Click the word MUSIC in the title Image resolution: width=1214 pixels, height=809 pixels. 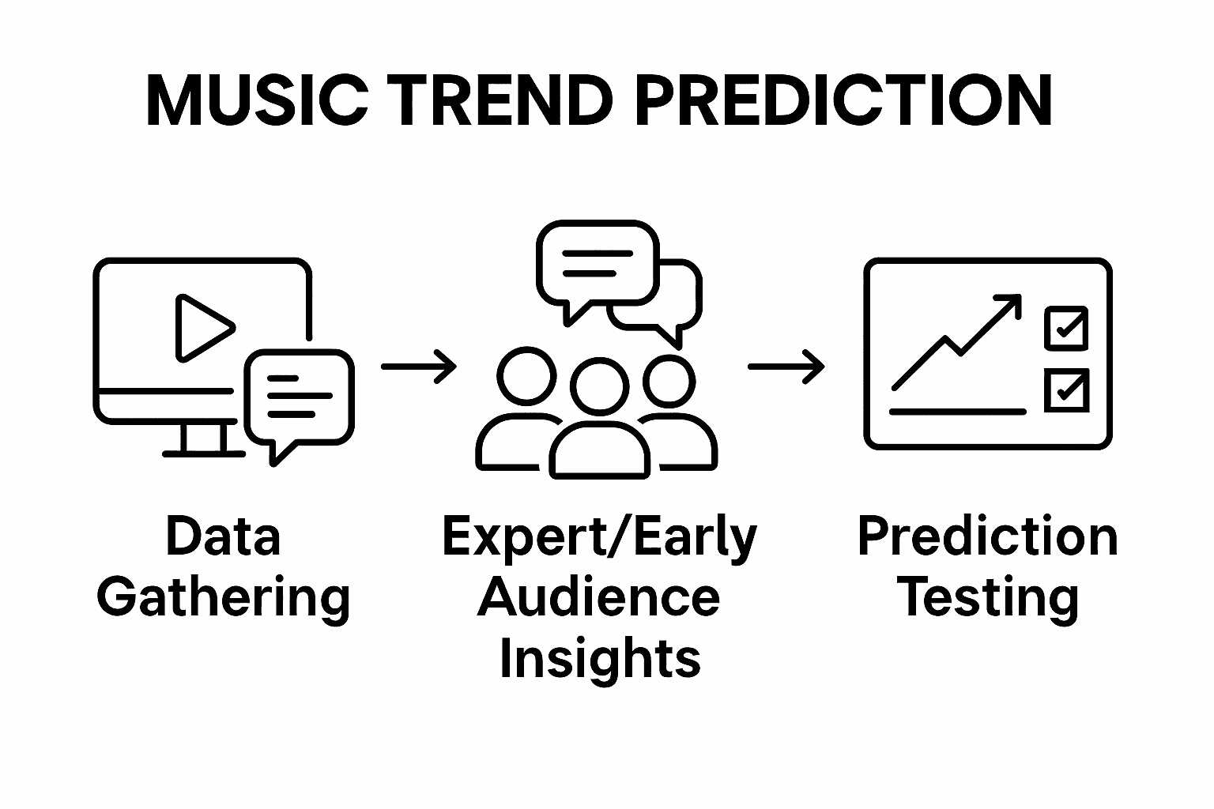(257, 100)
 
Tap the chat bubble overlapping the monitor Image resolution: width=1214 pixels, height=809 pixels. (299, 397)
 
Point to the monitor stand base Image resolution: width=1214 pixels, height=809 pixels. (203, 453)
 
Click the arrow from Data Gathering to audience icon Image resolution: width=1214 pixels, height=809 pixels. (419, 367)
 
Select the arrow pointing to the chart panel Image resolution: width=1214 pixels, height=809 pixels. (786, 367)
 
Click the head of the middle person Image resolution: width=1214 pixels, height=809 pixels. (600, 386)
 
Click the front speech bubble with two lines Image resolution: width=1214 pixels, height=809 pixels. (597, 262)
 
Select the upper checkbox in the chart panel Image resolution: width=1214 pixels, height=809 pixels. (1066, 329)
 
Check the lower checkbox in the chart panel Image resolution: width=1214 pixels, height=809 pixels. (1066, 390)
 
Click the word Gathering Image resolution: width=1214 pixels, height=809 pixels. (224, 598)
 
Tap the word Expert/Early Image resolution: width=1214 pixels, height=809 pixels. (600, 538)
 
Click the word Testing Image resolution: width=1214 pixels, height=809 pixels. (987, 598)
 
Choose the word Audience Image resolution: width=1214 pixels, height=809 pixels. (600, 598)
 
